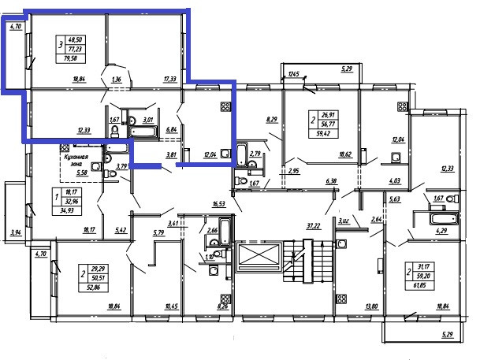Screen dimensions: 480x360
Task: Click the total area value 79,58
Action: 77,57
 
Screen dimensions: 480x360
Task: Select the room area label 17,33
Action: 170,80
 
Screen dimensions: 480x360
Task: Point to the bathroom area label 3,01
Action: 147,121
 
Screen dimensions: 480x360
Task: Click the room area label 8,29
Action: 273,120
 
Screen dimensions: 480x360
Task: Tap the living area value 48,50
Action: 77,38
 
